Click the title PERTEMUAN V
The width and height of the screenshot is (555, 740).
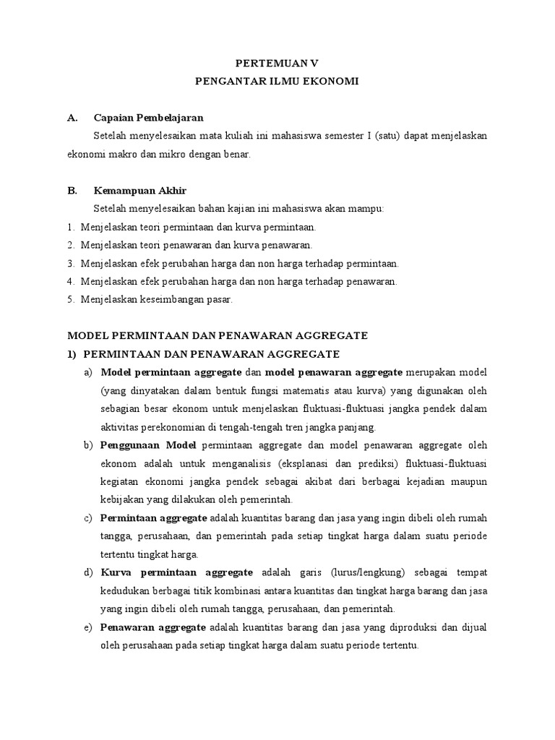pos(277,63)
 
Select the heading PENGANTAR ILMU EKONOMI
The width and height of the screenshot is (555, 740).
pos(277,82)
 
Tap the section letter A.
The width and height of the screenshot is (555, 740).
pos(72,117)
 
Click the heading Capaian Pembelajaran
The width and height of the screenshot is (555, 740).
pos(149,117)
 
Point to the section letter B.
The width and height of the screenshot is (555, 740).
pos(72,191)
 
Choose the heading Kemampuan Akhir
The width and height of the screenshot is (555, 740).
pos(140,191)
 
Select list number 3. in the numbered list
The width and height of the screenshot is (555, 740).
pos(71,264)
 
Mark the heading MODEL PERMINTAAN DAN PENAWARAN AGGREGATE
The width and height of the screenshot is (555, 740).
pos(218,336)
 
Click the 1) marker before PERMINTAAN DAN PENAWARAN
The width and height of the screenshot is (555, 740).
pos(72,354)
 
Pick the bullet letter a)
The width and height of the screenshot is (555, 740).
pos(89,373)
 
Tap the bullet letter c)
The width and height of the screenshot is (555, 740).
pos(89,518)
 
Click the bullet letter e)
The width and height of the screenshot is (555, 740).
pos(89,627)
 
